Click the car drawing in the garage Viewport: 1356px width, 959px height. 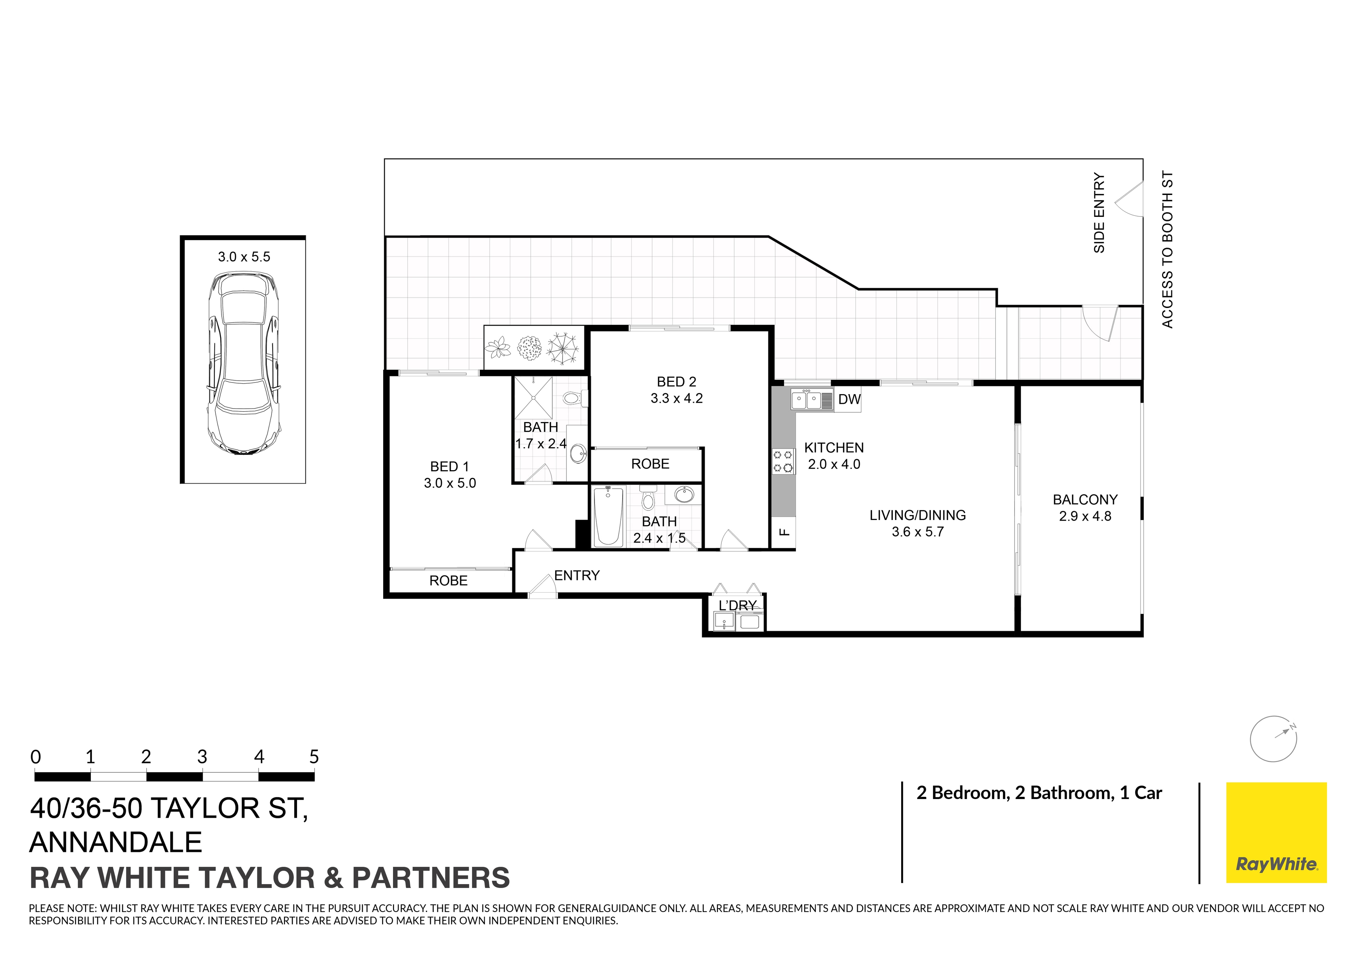click(243, 363)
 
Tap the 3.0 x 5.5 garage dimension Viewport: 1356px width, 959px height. click(244, 257)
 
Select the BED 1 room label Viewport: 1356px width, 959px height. click(450, 467)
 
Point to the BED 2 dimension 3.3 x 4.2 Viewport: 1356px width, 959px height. click(677, 399)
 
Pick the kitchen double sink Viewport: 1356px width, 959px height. click(806, 400)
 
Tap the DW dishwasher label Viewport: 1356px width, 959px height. click(849, 399)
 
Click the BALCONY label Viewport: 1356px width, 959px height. click(1085, 500)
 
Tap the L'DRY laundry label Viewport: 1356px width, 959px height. click(737, 606)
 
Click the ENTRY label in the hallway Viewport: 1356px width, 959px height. click(576, 575)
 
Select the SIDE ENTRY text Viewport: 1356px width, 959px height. click(1099, 213)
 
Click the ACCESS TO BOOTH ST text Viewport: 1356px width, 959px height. click(1167, 249)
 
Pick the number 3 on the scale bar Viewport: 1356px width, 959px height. click(202, 757)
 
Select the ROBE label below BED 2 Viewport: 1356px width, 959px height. click(650, 464)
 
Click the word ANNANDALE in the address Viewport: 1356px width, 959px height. click(116, 842)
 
